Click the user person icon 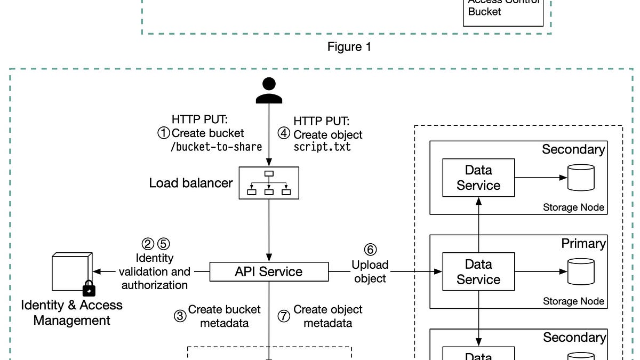(x=269, y=90)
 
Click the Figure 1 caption (x=349, y=47)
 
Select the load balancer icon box (x=269, y=183)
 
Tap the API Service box (x=268, y=271)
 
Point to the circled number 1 (x=163, y=133)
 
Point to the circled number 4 (x=284, y=133)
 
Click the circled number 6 (x=370, y=250)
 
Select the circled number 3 (x=180, y=316)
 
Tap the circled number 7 (x=284, y=316)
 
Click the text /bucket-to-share (x=216, y=147)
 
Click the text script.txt (x=322, y=147)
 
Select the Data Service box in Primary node (x=478, y=271)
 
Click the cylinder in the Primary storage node (x=581, y=271)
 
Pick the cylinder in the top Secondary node (x=581, y=178)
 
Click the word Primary (x=583, y=244)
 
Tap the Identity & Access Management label (x=71, y=313)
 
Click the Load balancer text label (x=191, y=183)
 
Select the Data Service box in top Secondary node (x=478, y=178)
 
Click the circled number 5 (x=163, y=244)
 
